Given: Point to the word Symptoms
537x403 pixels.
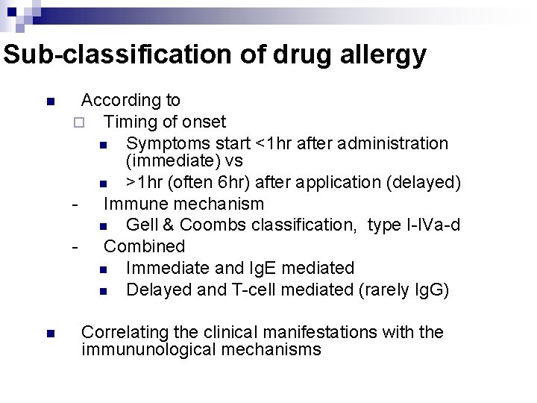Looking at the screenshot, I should click(167, 143).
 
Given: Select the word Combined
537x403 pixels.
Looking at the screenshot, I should click(144, 246).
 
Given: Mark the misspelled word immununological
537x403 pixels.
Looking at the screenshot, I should click(146, 349).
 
